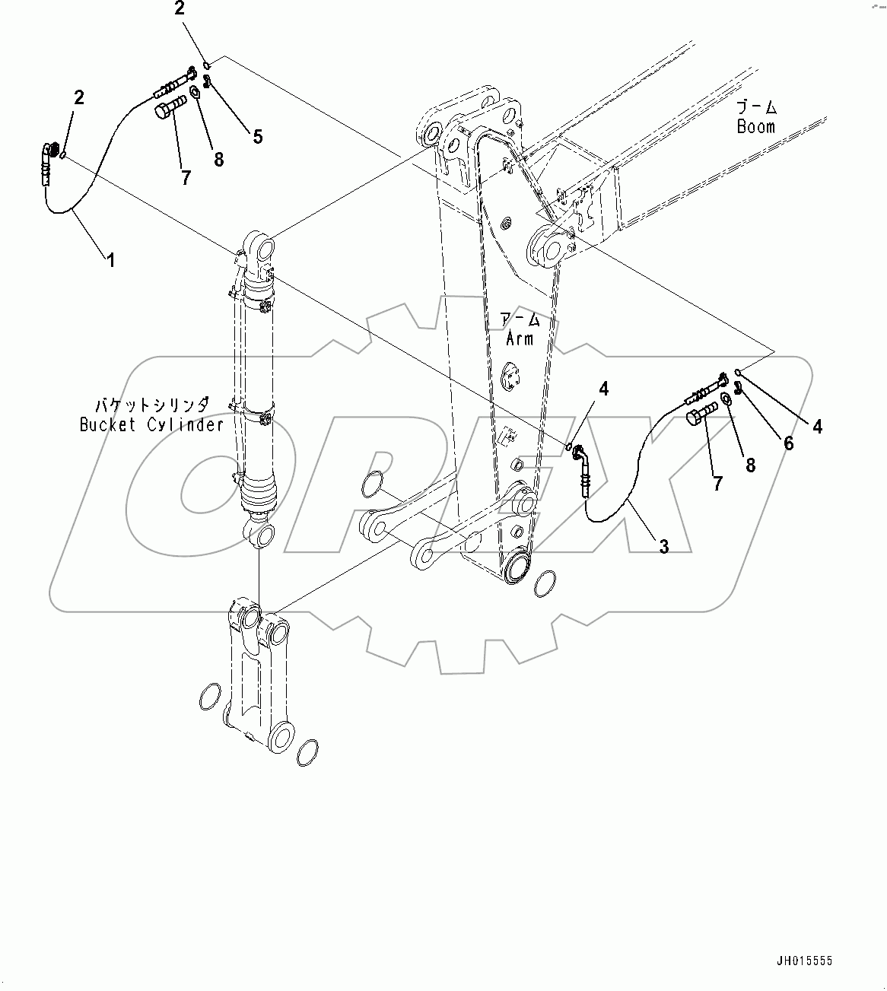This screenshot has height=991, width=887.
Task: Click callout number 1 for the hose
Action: point(111,260)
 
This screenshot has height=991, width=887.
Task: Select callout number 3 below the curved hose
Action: point(663,545)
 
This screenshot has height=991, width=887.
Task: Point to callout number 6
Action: point(789,443)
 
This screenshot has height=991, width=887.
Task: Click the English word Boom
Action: point(755,127)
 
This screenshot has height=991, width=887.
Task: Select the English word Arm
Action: point(520,338)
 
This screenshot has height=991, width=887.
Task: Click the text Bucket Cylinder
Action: point(152,424)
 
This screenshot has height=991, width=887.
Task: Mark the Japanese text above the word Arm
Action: point(520,319)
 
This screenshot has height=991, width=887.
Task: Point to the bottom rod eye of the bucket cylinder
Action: point(259,534)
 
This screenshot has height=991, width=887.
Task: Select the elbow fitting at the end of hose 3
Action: point(580,454)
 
